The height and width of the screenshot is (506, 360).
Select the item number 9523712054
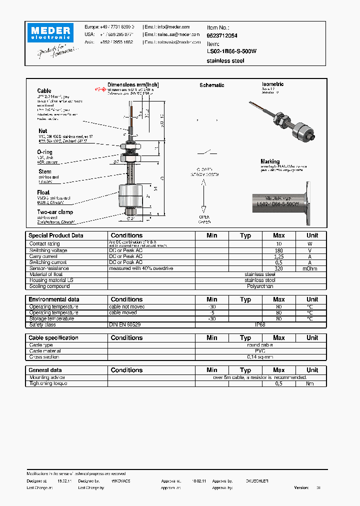click(x=222, y=36)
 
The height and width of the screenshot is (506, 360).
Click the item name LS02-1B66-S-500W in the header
click(x=231, y=51)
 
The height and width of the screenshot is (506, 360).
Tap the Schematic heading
click(x=211, y=85)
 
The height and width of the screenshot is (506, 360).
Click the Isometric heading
click(x=272, y=84)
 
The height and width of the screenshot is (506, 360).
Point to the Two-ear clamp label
click(x=55, y=212)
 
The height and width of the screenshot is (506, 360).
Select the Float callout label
click(x=43, y=192)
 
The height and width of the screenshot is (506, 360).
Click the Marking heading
click(x=270, y=161)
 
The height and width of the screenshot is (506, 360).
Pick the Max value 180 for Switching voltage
click(x=278, y=250)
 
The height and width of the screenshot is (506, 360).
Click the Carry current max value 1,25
click(x=278, y=256)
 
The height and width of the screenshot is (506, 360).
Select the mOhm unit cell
click(x=310, y=268)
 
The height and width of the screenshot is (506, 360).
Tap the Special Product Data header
click(x=56, y=235)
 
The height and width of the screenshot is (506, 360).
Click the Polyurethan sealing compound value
click(x=260, y=286)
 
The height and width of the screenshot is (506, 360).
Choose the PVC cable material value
click(x=260, y=351)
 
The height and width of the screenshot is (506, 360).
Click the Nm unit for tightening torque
click(x=310, y=383)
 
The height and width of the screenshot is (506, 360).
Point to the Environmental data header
click(x=54, y=299)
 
